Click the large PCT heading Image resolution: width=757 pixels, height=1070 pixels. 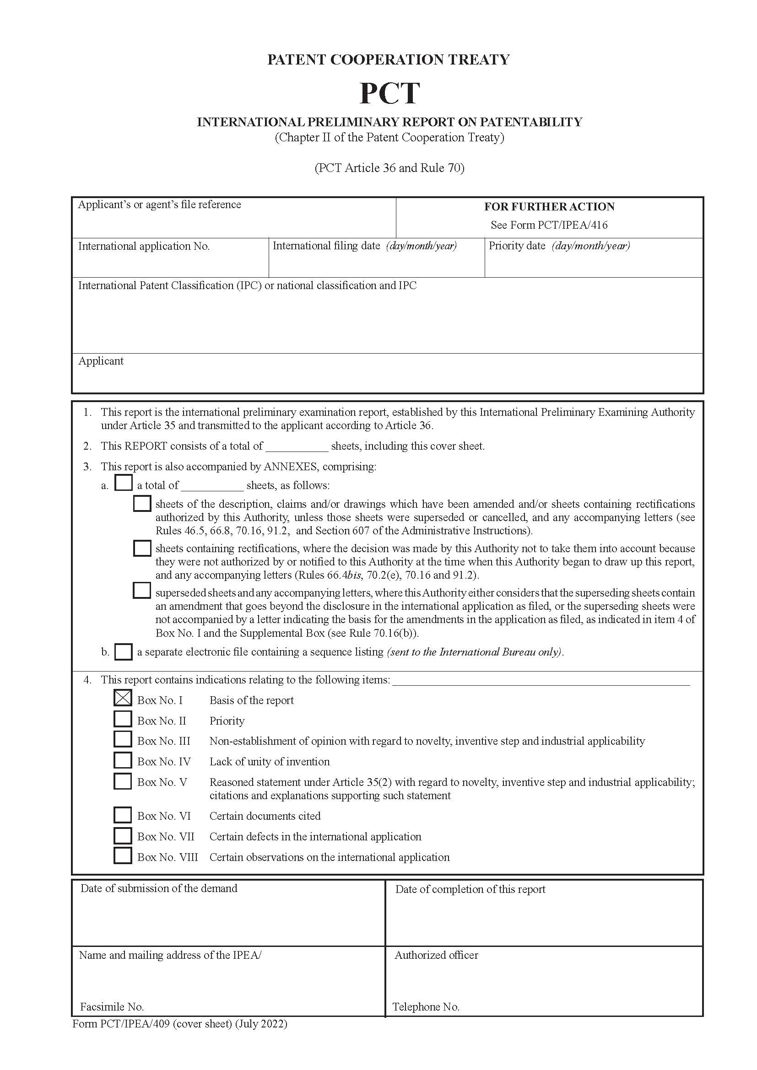389,93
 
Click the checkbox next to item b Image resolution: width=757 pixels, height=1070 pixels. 123,651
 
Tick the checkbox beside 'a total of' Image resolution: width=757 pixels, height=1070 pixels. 124,483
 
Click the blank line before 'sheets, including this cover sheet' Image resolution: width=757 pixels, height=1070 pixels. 297,446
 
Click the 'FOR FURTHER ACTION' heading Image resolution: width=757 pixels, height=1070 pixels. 549,206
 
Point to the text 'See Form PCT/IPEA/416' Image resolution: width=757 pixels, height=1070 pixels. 549,225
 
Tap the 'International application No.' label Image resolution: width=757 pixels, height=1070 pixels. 144,246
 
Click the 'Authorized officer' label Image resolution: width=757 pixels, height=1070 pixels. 436,955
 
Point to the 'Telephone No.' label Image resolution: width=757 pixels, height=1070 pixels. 426,1006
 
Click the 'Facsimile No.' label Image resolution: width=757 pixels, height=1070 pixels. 111,1006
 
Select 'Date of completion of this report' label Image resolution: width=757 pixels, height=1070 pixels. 470,889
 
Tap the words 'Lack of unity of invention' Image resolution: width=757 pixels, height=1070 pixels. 270,762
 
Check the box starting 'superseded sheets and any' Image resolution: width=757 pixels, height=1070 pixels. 142,591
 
